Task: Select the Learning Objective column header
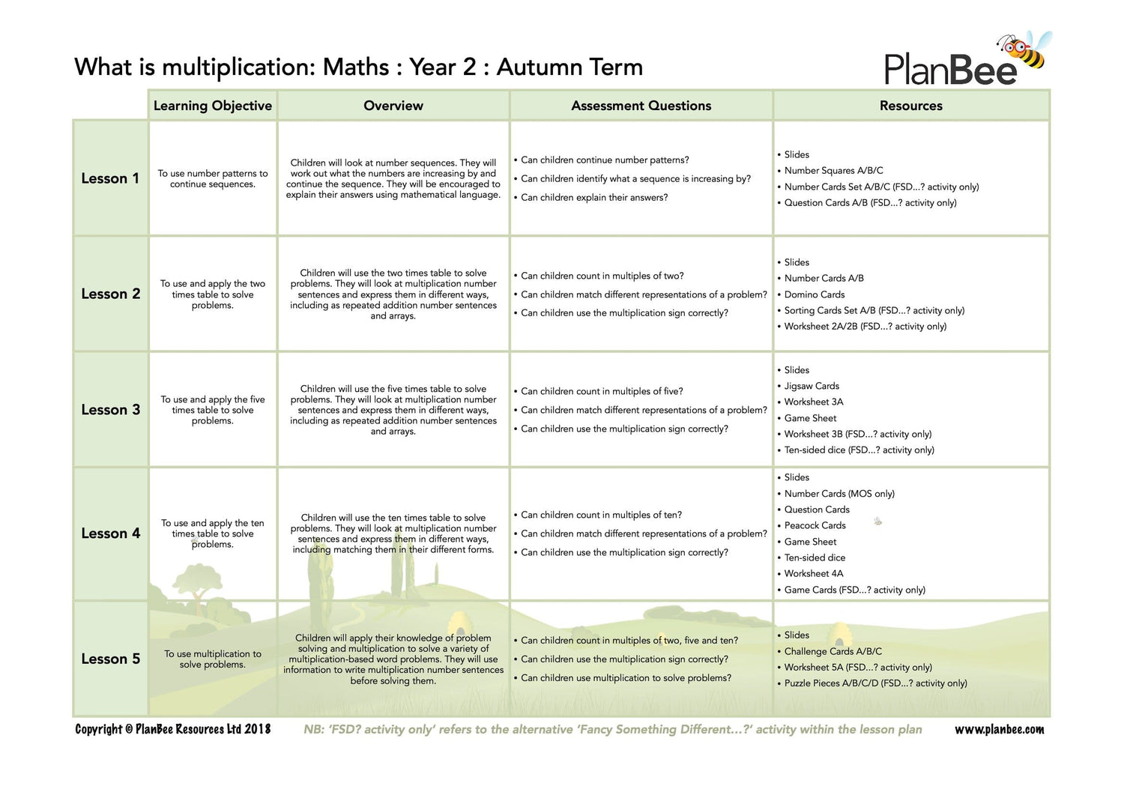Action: coord(213,106)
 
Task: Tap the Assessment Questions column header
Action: coord(641,106)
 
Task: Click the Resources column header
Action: coord(910,106)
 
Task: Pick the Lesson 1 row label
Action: coord(110,178)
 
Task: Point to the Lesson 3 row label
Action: coord(110,410)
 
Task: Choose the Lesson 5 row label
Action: coord(110,659)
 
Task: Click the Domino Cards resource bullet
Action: coord(814,294)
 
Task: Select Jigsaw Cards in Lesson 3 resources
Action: coord(812,386)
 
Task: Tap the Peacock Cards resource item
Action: coord(815,525)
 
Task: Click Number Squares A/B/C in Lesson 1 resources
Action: coord(833,170)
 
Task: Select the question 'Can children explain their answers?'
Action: coord(593,197)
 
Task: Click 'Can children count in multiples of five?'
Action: coord(602,391)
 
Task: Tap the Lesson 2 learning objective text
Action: coord(213,294)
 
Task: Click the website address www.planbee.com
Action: coord(999,729)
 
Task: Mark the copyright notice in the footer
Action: coord(172,729)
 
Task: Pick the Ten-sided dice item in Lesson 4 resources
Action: coord(815,557)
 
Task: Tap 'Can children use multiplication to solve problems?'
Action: coord(626,677)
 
